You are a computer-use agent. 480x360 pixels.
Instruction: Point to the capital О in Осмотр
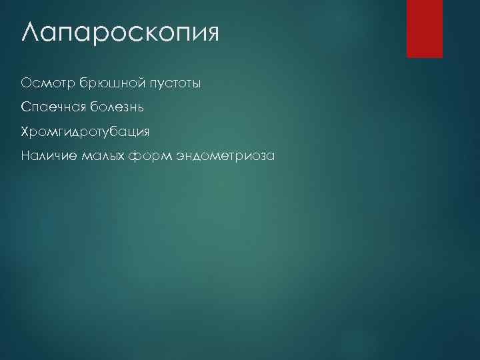point(27,83)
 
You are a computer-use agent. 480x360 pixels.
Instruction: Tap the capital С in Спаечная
point(26,107)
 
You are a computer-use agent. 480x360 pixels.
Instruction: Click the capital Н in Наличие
point(26,156)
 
